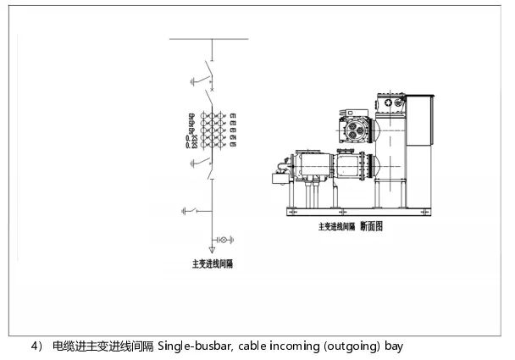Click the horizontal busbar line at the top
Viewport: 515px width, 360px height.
click(209, 39)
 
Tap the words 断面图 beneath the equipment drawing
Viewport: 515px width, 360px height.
click(371, 226)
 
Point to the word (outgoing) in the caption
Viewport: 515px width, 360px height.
click(356, 346)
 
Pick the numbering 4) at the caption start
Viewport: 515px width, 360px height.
click(36, 346)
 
